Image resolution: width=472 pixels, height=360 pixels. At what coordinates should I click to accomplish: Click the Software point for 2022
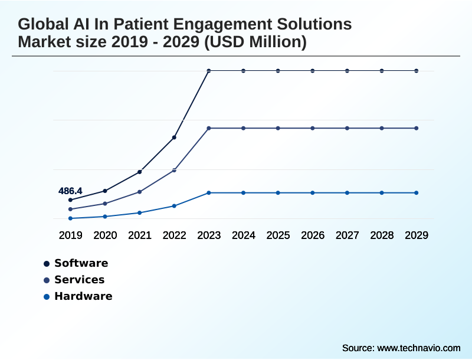pyautogui.click(x=174, y=138)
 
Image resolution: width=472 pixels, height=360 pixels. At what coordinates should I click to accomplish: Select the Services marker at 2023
pyautogui.click(x=209, y=128)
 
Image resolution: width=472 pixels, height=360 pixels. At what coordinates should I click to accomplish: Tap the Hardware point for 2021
pyautogui.click(x=140, y=212)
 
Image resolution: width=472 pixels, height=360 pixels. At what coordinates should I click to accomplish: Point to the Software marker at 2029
pyautogui.click(x=417, y=71)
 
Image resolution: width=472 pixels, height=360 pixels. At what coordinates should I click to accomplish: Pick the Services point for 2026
pyautogui.click(x=313, y=128)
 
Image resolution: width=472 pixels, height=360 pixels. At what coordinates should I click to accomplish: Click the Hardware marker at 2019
pyautogui.click(x=70, y=218)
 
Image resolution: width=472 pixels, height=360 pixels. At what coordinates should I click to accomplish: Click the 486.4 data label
pyautogui.click(x=70, y=191)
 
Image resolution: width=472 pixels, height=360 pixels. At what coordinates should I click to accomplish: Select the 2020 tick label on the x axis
pyautogui.click(x=105, y=235)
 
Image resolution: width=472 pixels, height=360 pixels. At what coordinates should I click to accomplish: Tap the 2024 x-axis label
pyautogui.click(x=244, y=235)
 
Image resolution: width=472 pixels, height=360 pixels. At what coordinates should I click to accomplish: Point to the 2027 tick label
pyautogui.click(x=348, y=235)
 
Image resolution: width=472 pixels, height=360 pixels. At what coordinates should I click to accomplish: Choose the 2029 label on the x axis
pyautogui.click(x=417, y=235)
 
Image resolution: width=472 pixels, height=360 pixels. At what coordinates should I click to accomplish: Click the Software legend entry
pyautogui.click(x=81, y=263)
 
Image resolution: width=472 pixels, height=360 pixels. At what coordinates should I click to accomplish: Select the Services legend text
pyautogui.click(x=79, y=280)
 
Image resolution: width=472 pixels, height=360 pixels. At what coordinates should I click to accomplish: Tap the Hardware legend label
pyautogui.click(x=83, y=296)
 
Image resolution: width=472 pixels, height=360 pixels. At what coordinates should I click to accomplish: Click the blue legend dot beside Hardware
pyautogui.click(x=47, y=296)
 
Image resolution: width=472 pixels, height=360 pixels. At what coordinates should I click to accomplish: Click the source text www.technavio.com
pyautogui.click(x=419, y=348)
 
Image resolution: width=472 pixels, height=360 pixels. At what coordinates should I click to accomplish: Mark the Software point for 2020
pyautogui.click(x=105, y=191)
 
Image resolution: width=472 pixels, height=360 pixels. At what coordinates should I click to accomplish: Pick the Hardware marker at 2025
pyautogui.click(x=278, y=193)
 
